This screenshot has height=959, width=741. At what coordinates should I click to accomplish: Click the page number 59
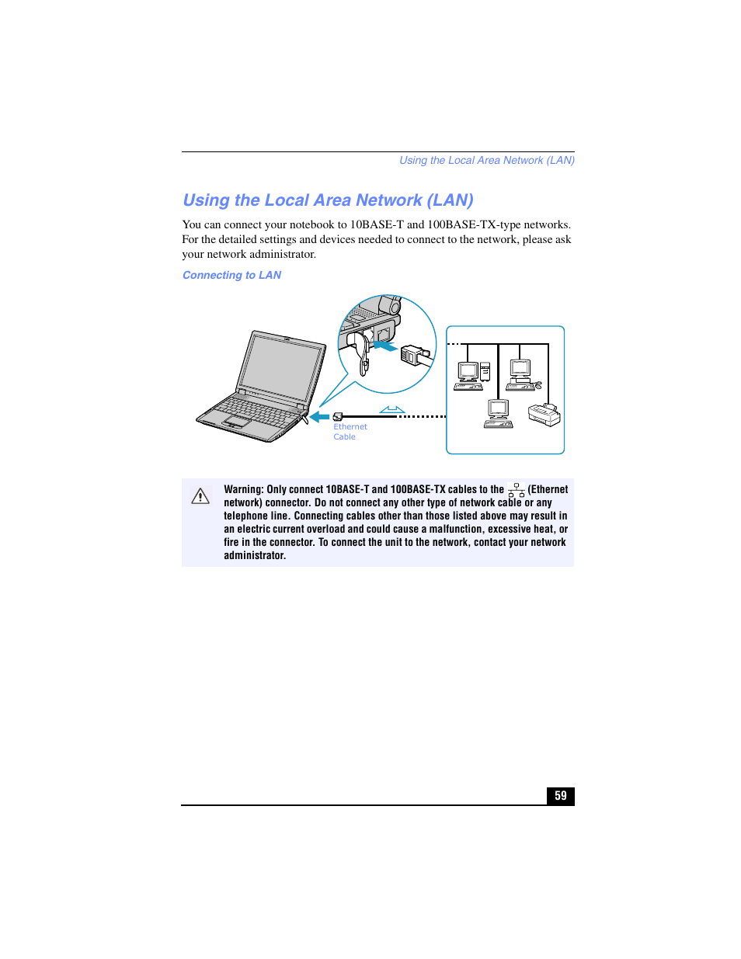(x=560, y=796)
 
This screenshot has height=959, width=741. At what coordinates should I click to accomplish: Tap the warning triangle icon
(x=200, y=496)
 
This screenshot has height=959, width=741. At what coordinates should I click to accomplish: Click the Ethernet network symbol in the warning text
(x=517, y=490)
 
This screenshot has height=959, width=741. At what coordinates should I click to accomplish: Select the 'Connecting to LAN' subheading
(x=231, y=276)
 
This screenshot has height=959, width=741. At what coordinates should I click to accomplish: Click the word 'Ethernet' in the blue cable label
(x=350, y=427)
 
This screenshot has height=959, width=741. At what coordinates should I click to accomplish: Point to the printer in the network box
(x=544, y=415)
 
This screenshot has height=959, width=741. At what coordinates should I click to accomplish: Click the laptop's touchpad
(x=237, y=422)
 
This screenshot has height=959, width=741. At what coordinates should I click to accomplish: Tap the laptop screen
(x=280, y=368)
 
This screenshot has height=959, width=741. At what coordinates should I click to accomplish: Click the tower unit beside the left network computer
(x=485, y=372)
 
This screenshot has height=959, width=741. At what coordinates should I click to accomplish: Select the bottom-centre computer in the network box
(x=498, y=413)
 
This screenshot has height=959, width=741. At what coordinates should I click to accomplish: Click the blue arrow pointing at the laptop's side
(x=319, y=417)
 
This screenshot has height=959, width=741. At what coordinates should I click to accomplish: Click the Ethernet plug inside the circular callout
(x=413, y=355)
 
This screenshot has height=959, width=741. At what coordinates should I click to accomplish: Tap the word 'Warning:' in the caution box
(x=244, y=490)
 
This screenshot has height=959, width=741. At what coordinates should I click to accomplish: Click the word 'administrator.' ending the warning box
(x=255, y=556)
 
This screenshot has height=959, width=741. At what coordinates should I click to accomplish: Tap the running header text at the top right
(x=486, y=161)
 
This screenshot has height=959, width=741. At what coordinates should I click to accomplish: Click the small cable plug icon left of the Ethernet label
(x=338, y=417)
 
